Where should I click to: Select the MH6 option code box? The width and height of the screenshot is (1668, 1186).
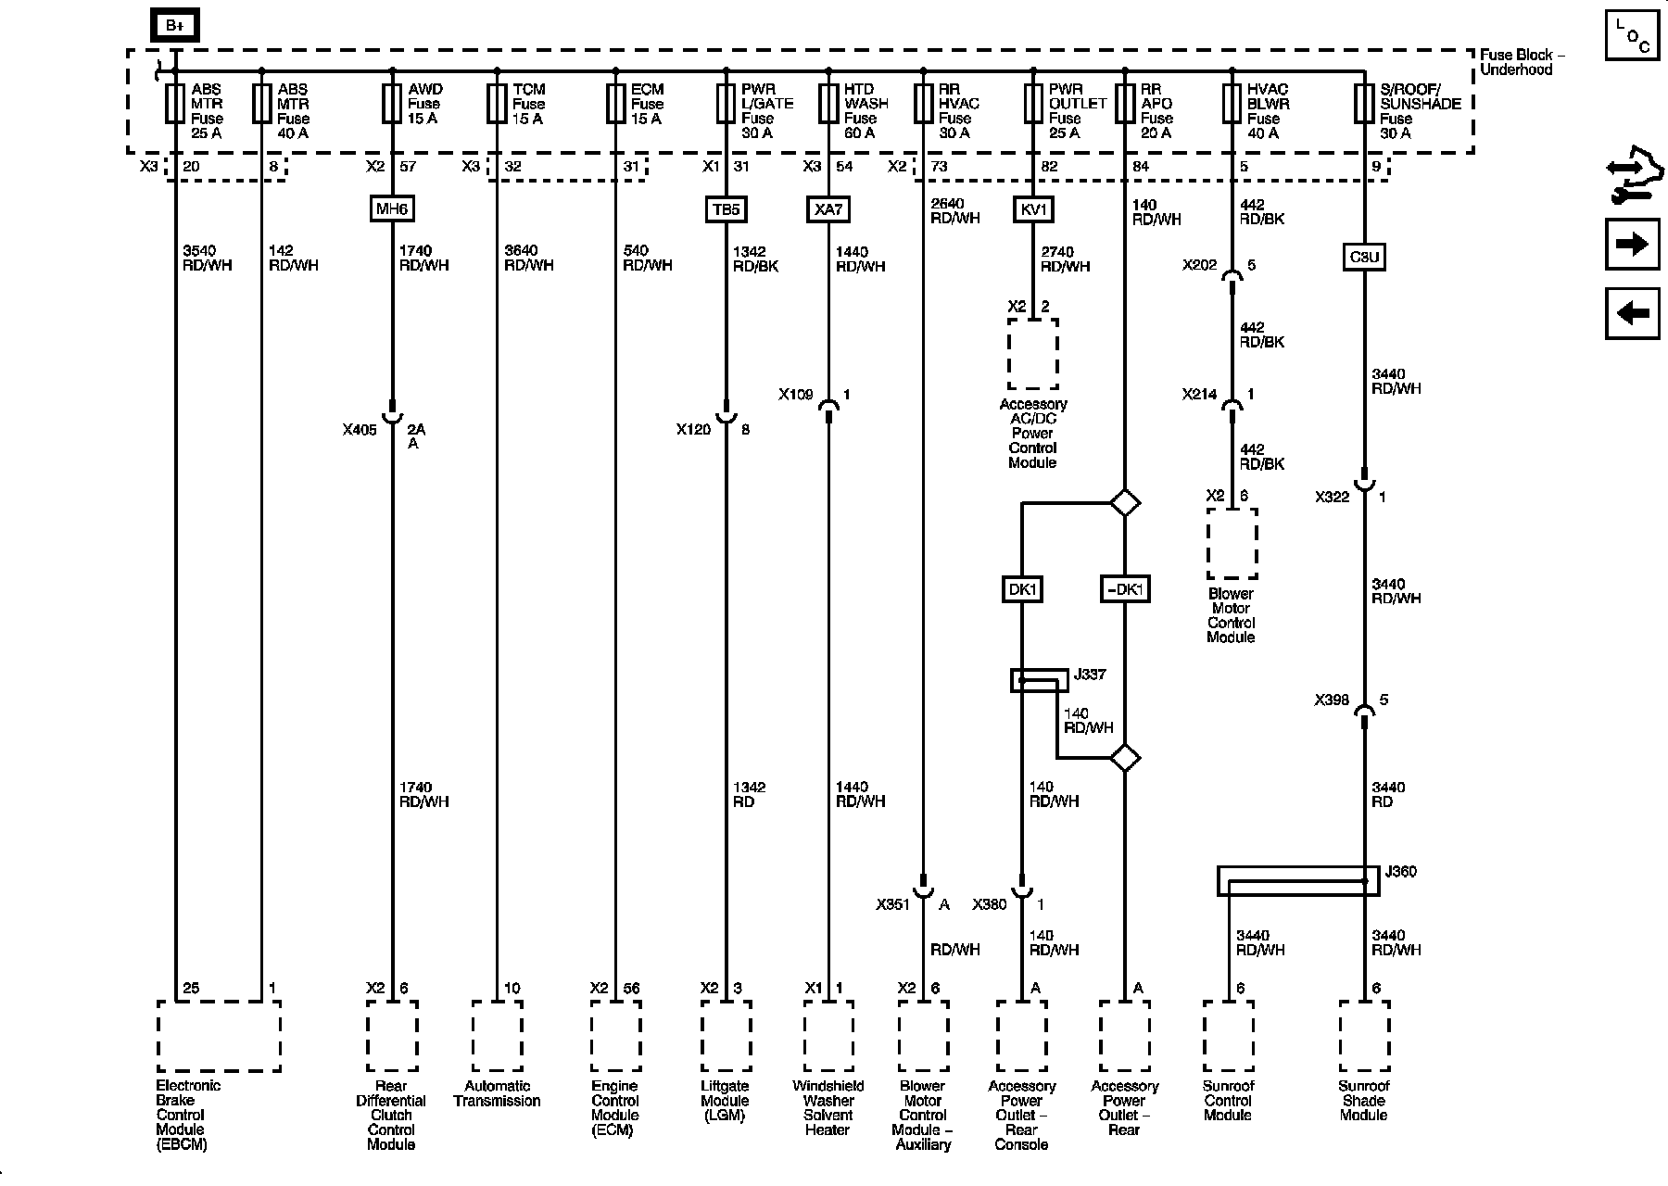(391, 209)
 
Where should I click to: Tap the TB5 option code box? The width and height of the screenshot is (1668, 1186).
(726, 209)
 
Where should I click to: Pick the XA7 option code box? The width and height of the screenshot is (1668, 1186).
(828, 209)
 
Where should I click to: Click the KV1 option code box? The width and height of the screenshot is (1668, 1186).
(1032, 209)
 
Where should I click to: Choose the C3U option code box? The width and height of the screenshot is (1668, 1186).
(1363, 257)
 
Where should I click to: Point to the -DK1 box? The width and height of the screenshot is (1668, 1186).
(1125, 589)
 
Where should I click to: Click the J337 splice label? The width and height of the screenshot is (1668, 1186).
(1089, 675)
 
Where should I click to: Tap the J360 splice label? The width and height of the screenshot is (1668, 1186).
(1399, 872)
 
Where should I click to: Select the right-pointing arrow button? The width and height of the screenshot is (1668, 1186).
(1632, 245)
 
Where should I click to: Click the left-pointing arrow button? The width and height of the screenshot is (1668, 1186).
(1632, 313)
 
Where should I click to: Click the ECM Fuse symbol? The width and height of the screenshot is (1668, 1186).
(615, 104)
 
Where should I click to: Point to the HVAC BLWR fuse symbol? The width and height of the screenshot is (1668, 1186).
(1232, 104)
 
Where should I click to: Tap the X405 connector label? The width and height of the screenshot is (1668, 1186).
(360, 430)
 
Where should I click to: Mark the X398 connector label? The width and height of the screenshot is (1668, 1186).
(1332, 700)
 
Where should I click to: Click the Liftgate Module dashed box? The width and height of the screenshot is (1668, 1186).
(726, 1035)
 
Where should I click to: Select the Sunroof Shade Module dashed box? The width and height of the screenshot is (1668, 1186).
(1363, 1035)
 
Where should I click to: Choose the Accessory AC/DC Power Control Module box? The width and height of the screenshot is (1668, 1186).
(1032, 354)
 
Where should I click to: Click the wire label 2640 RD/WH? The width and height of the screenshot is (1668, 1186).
(954, 211)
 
